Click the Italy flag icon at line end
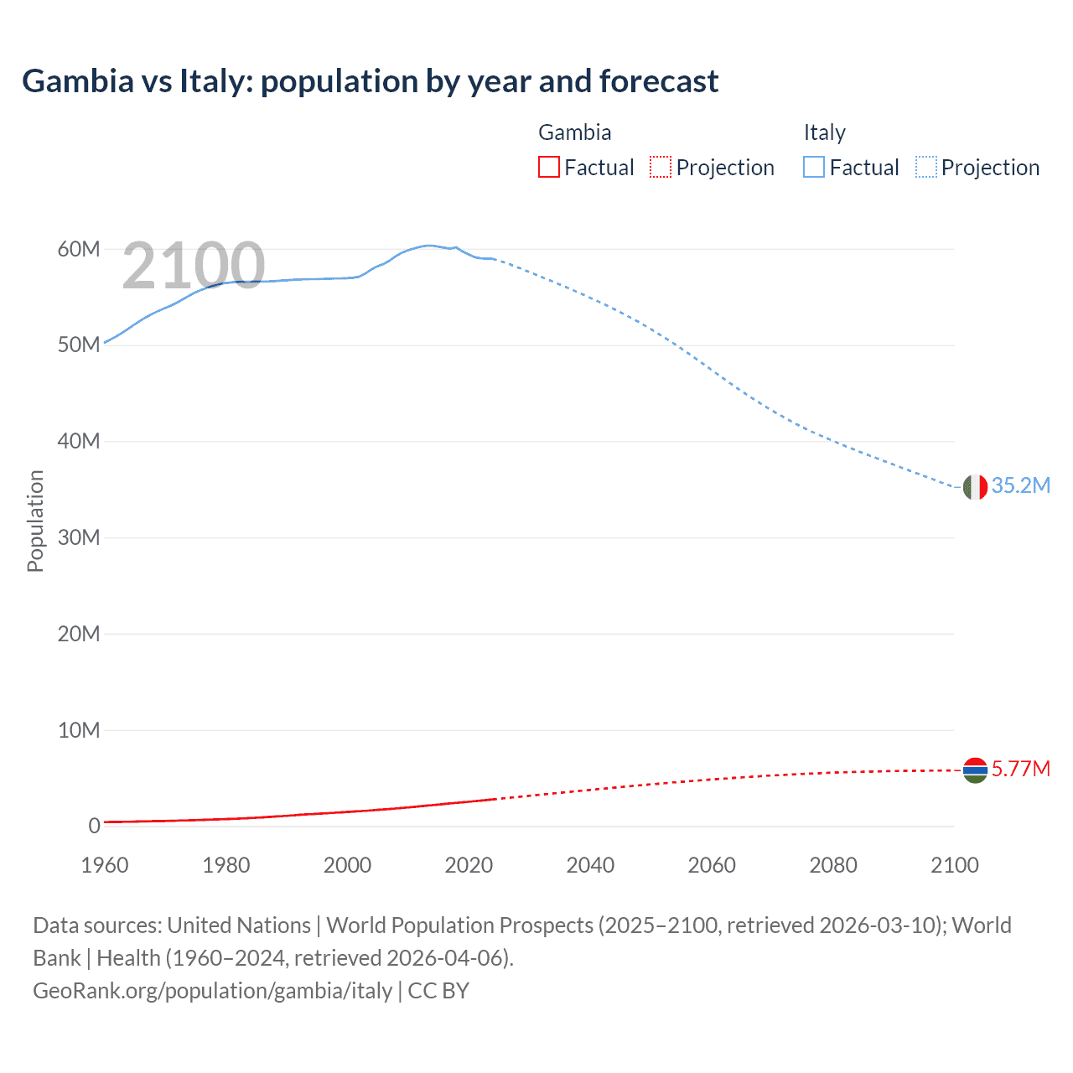(x=975, y=487)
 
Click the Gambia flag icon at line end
(x=975, y=770)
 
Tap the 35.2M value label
(x=1020, y=486)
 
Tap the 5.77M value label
(x=1020, y=769)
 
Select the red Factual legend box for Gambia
(x=548, y=168)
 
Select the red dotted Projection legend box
(x=661, y=168)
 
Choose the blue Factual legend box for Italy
(x=814, y=168)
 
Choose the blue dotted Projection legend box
(x=926, y=168)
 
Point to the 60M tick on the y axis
(x=79, y=250)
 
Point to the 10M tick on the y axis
(x=79, y=731)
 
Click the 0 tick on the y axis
(x=94, y=827)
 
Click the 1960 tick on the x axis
(x=105, y=865)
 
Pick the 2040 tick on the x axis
(x=590, y=865)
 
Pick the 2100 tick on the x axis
(x=954, y=865)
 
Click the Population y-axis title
(x=35, y=521)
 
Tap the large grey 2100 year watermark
(x=194, y=266)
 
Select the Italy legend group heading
(x=824, y=132)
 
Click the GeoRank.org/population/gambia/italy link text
(x=213, y=991)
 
